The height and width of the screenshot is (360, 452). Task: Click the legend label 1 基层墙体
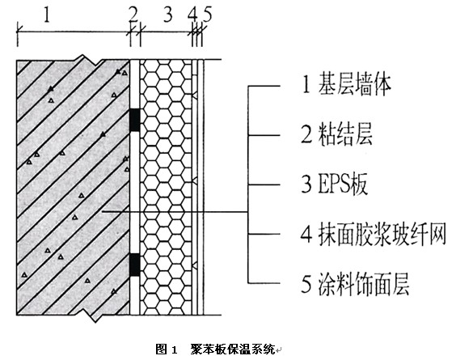coord(347,85)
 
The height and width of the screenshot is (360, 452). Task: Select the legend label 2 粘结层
coord(336,135)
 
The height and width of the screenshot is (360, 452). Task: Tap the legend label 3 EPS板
coord(335,184)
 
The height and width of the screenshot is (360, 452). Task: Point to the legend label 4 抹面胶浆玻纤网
coord(373,235)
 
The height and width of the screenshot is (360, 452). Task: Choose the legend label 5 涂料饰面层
coord(355,284)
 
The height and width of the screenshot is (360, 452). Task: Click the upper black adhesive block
coord(134,120)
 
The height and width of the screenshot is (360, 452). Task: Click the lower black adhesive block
coord(134,265)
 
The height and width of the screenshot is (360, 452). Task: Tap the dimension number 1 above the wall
coord(47,15)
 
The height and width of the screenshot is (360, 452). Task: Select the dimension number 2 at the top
coord(133,15)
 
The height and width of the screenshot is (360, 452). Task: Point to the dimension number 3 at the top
coord(167,15)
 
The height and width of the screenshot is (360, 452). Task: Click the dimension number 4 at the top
coord(192,15)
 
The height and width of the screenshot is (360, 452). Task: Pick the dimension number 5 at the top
coord(207,15)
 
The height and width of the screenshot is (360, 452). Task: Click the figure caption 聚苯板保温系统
coord(233,349)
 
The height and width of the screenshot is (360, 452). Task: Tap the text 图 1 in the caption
coord(166,349)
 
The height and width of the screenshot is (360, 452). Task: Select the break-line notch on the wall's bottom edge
coord(91,316)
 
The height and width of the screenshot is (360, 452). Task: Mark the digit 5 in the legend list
coord(306,284)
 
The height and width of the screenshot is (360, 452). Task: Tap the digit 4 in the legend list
coord(306,235)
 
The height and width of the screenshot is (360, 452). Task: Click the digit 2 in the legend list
coord(306,135)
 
